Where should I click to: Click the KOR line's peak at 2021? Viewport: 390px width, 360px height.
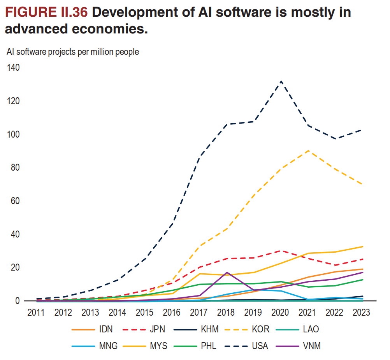click(x=308, y=150)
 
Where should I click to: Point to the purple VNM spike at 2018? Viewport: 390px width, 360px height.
click(x=227, y=273)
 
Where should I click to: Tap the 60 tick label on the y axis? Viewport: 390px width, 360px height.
click(x=15, y=201)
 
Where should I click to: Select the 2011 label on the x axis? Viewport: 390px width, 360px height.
click(x=36, y=312)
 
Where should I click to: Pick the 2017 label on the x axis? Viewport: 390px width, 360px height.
click(x=199, y=312)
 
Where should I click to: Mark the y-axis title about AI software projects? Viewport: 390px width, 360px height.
click(x=73, y=52)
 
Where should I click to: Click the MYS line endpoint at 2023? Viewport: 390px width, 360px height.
click(x=363, y=246)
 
